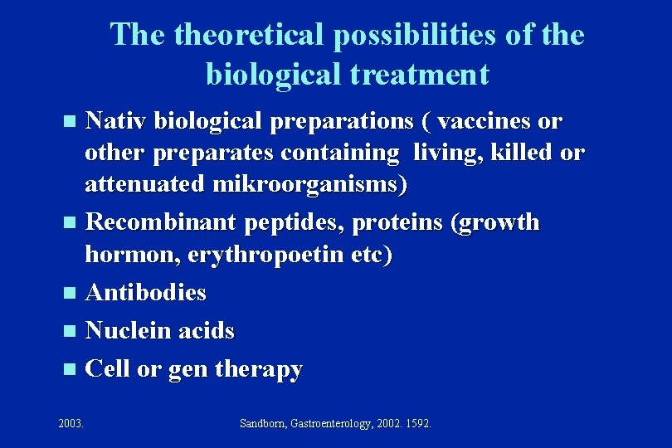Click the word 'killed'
[x=516, y=153]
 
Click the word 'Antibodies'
[x=146, y=293]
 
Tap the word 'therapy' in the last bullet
[x=259, y=369]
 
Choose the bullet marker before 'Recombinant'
[x=69, y=223]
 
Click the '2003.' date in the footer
[x=71, y=424]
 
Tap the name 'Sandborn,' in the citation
[x=262, y=424]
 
